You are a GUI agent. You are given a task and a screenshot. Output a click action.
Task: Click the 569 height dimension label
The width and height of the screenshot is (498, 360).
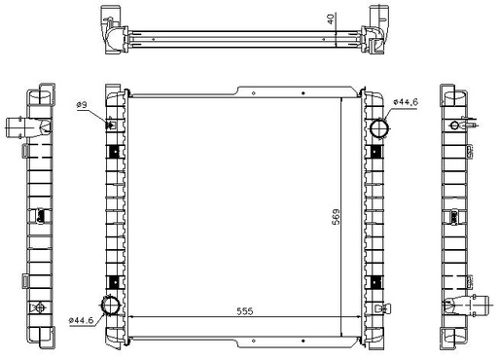(x=337, y=217)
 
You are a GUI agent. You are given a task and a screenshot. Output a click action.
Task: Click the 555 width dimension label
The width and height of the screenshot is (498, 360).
(x=245, y=311)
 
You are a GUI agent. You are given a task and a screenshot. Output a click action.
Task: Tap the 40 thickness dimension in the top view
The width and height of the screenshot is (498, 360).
(x=331, y=19)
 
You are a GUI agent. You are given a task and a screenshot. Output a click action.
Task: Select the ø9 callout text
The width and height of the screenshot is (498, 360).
(x=82, y=105)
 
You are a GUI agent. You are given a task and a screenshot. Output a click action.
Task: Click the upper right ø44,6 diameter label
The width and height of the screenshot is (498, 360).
(x=406, y=102)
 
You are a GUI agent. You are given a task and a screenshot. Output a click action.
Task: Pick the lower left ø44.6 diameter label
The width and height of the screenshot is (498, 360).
(x=81, y=320)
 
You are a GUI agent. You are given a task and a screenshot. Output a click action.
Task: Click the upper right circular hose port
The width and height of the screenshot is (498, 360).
(x=380, y=128)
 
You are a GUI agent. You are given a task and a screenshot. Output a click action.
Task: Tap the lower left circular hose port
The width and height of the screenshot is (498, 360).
(x=110, y=306)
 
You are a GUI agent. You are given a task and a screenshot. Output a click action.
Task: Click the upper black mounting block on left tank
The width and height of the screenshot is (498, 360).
(x=115, y=152)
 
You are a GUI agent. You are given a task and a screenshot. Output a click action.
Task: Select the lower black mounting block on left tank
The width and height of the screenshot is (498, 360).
(x=115, y=282)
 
